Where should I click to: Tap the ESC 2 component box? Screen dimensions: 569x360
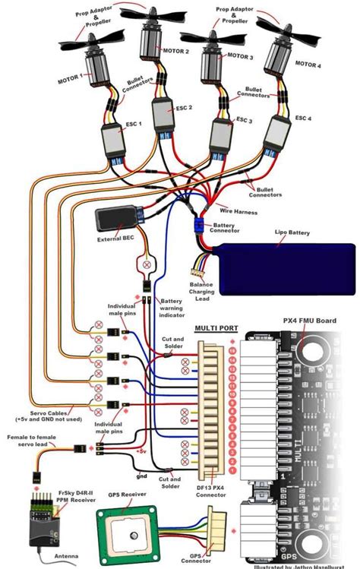[163, 116]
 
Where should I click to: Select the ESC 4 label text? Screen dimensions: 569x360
[304, 118]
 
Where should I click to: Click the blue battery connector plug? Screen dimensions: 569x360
[201, 226]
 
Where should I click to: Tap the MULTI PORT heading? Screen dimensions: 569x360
[216, 329]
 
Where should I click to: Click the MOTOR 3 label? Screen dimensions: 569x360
[240, 57]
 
